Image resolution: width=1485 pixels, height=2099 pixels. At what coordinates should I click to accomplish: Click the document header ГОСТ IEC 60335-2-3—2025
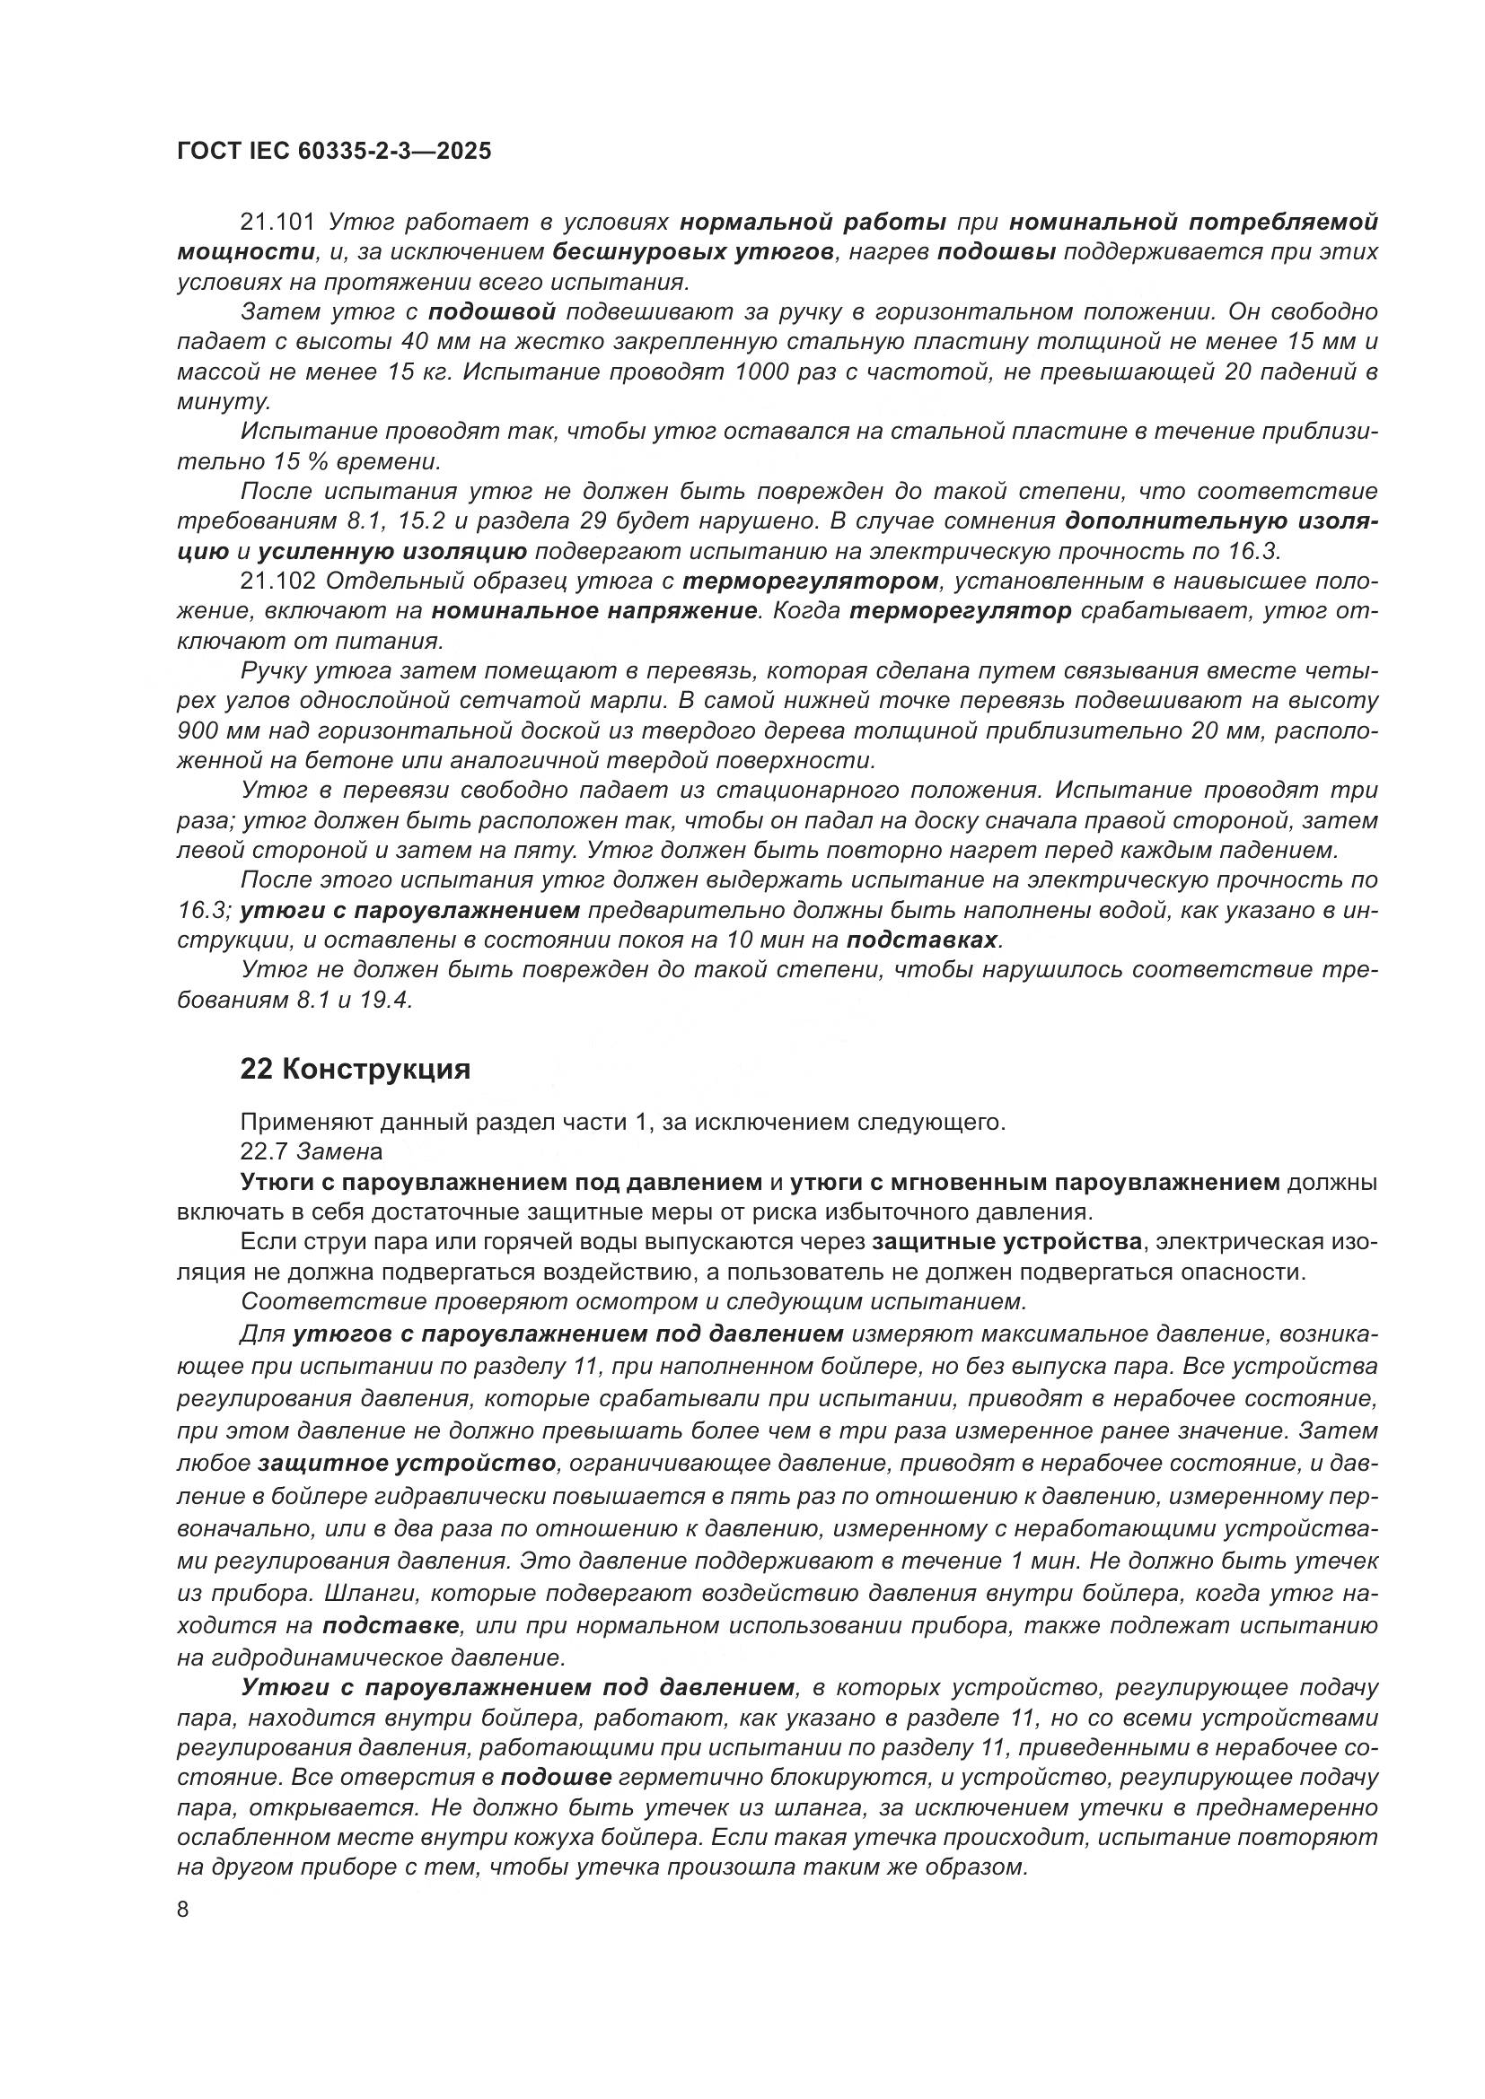tap(334, 151)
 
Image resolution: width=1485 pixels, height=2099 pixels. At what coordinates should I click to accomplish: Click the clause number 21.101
tap(277, 223)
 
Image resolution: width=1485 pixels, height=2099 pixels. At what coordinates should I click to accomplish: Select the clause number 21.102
tap(277, 582)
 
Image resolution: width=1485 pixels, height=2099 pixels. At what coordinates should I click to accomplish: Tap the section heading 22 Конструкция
tap(355, 1069)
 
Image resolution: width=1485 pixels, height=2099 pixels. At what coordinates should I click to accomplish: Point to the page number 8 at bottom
tap(183, 1910)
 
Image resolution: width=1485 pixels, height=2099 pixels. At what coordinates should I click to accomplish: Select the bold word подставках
tap(924, 940)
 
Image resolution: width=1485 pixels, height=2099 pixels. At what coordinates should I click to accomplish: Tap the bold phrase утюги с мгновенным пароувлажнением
tap(1034, 1182)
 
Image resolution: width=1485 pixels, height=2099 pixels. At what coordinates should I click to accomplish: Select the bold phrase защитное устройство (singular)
tap(407, 1464)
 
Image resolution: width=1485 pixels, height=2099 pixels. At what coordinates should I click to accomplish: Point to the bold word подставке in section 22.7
tap(391, 1626)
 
